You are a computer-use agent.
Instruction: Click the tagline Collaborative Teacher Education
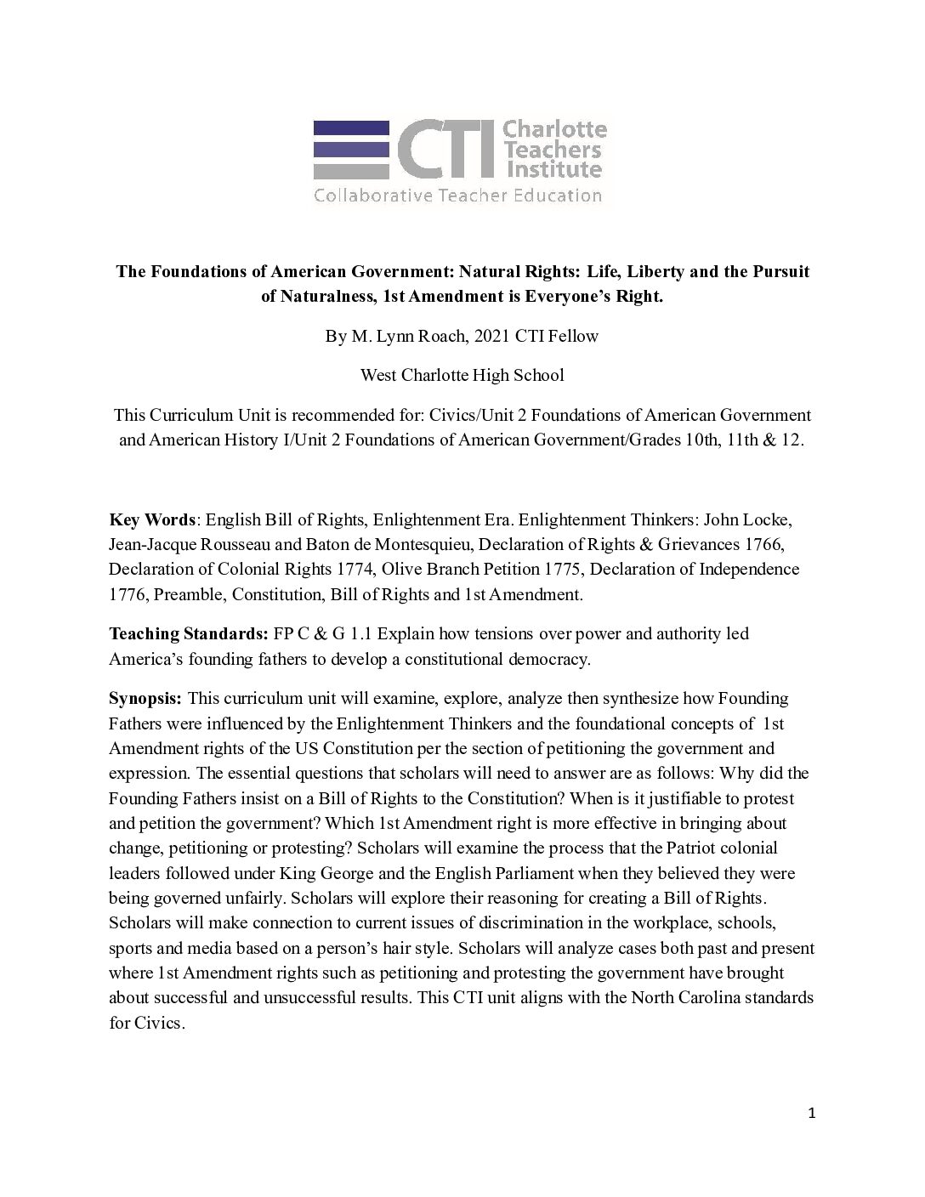tap(457, 196)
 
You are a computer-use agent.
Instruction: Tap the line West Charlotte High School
tap(462, 375)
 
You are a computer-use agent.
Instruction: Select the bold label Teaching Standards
tap(188, 634)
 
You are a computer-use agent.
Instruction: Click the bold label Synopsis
tap(145, 699)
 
